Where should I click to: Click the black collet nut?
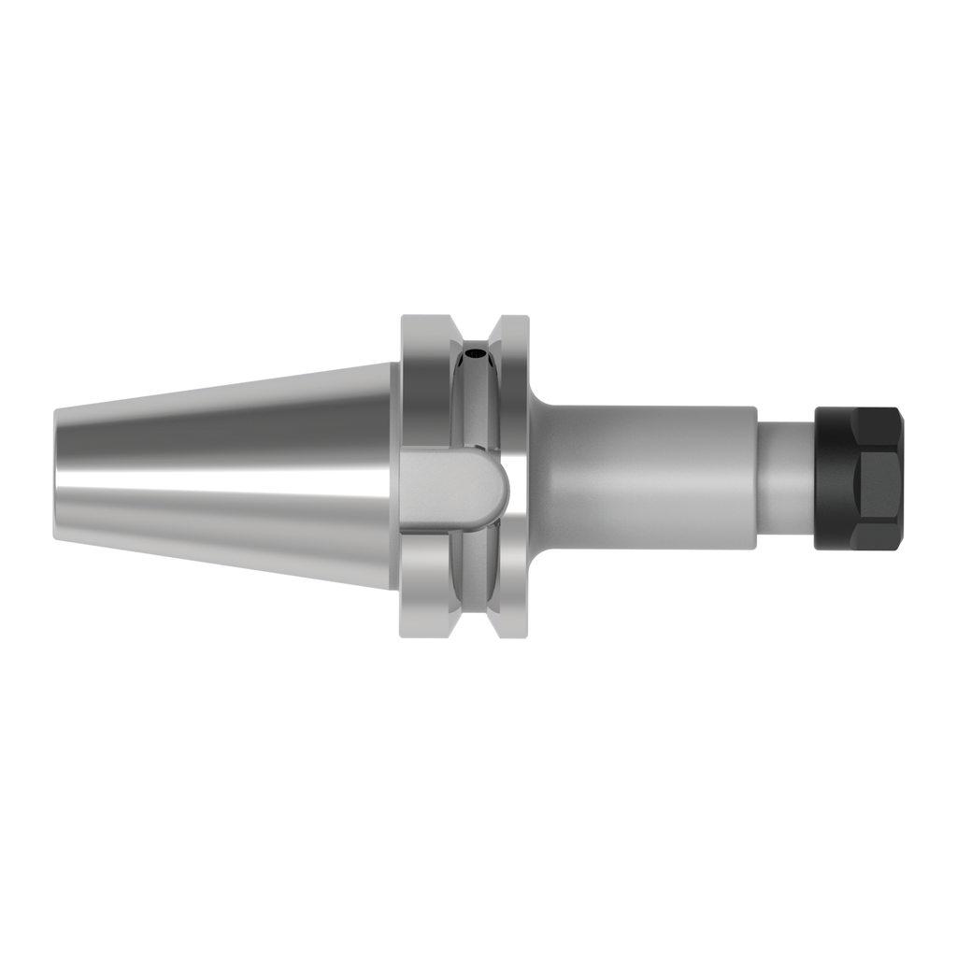click(x=859, y=478)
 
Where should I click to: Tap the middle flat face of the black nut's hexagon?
click(x=878, y=478)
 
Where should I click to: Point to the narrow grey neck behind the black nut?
click(x=785, y=478)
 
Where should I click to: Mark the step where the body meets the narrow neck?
click(x=756, y=478)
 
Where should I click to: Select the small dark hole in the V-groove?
click(x=478, y=355)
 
